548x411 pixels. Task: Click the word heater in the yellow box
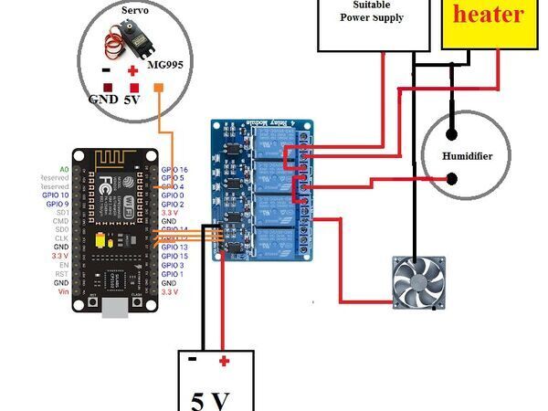pos(489,15)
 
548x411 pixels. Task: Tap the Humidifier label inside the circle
pos(467,156)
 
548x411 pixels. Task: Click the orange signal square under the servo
pos(159,88)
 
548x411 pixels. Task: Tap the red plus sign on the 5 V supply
pos(223,361)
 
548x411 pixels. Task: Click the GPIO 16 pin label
pos(174,170)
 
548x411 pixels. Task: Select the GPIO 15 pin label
pos(174,256)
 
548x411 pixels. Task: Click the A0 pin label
pos(63,170)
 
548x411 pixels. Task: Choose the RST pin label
pos(61,274)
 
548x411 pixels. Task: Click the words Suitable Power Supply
pos(372,11)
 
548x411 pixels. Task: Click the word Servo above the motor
pos(135,8)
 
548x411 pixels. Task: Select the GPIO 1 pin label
pos(173,274)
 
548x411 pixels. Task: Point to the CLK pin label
pos(61,238)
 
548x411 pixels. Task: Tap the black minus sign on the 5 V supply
pos(193,360)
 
